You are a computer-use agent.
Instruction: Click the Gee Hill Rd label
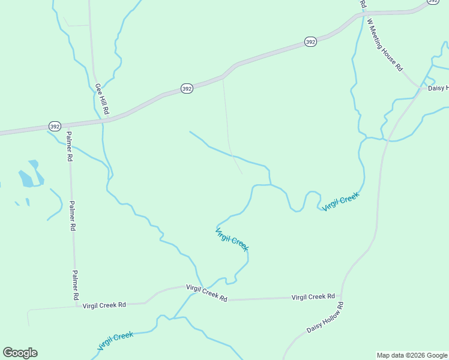(101, 99)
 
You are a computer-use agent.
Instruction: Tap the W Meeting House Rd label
(385, 44)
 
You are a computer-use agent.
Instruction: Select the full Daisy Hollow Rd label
(325, 318)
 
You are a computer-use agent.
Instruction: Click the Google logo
(20, 353)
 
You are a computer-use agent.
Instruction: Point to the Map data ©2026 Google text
(412, 355)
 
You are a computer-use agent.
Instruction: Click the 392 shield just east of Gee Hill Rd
(187, 89)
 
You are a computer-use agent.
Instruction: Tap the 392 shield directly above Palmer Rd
(55, 127)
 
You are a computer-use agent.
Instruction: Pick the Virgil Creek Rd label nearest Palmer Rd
(104, 305)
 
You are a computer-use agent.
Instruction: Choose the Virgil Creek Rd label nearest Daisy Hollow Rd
(313, 297)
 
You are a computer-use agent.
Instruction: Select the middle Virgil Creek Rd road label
(206, 293)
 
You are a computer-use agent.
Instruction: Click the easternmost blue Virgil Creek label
(340, 202)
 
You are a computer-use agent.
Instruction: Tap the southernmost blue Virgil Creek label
(115, 341)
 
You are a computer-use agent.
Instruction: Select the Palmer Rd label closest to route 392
(69, 146)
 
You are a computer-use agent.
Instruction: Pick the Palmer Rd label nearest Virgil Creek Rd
(75, 284)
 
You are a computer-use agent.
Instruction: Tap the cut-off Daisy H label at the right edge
(438, 88)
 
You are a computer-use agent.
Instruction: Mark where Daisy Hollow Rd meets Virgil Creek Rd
(342, 296)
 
